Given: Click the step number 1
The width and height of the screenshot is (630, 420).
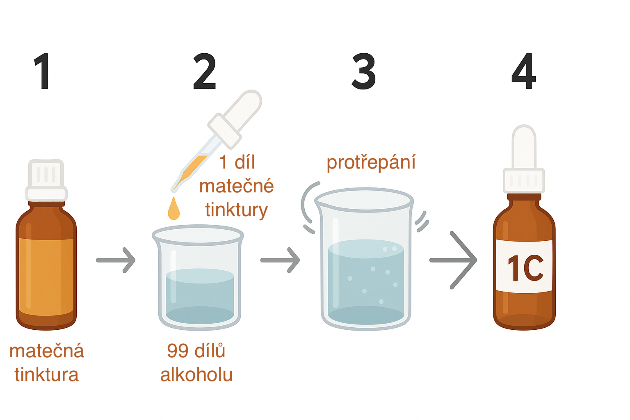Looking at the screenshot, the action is pos(42,71).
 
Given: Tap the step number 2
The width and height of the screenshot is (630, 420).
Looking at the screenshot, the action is pos(205,71).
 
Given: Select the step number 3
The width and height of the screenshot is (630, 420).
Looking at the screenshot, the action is pos(364,71).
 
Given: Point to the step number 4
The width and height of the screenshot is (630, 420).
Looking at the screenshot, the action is pos(524,71).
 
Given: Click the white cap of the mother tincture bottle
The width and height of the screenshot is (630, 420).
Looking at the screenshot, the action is pos(46,180).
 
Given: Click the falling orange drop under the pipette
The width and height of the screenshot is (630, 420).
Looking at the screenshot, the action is pos(174,208).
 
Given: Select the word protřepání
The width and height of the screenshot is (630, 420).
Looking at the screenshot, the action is pos(371,163).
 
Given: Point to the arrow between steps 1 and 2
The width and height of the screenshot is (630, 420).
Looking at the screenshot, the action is pos(116,260).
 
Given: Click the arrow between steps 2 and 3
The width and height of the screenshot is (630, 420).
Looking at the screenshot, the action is pos(280,260).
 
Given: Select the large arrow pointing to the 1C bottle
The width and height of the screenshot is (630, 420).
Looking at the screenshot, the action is pos(453,260).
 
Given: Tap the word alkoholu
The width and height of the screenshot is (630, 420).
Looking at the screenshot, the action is pos(196,375).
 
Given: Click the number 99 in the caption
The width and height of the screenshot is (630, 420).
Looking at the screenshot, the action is pos(178,351).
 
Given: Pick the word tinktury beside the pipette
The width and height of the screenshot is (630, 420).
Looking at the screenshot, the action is pos(237,210).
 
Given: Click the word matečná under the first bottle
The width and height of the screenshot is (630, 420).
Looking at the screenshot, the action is pos(47,351).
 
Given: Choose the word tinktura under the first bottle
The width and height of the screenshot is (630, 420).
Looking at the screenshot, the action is pos(47,374).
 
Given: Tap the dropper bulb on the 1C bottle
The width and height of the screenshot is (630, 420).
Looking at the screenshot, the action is pos(524,146).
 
